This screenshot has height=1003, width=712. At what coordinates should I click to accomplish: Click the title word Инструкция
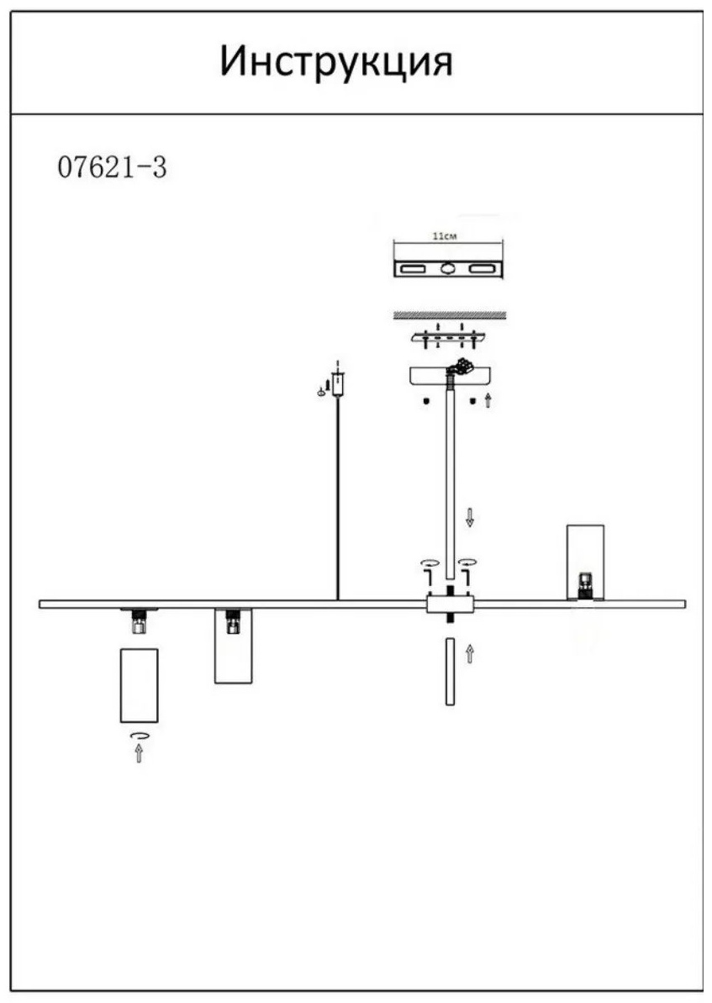336,63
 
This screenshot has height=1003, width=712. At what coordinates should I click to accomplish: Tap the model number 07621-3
113,167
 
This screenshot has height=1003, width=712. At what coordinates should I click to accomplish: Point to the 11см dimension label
446,236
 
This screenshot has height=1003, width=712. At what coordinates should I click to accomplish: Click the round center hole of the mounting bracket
448,269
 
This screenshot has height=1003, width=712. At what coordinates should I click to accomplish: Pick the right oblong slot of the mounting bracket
483,269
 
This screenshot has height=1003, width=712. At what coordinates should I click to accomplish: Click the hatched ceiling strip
449,314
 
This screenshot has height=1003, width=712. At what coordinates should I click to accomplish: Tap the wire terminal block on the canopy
461,367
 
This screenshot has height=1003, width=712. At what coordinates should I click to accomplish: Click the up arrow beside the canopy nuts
488,401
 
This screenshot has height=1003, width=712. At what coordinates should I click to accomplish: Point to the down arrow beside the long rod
470,518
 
